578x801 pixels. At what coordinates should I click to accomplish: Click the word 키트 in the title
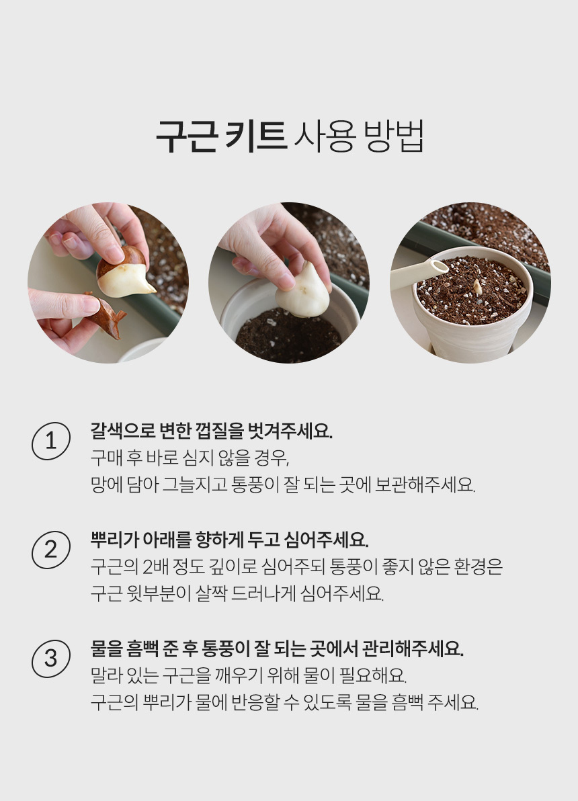(x=255, y=137)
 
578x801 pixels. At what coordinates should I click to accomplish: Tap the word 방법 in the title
(x=393, y=136)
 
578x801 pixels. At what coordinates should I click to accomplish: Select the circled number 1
(x=50, y=441)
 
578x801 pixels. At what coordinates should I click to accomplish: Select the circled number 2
(x=50, y=550)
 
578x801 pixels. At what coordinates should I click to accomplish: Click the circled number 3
(x=50, y=659)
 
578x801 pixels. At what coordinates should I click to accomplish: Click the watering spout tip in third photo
(x=440, y=267)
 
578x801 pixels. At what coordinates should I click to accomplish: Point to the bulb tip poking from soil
(x=477, y=286)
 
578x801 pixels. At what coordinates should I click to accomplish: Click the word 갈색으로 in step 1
(x=122, y=431)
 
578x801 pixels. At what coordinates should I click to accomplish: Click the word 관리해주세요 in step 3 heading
(x=413, y=648)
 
